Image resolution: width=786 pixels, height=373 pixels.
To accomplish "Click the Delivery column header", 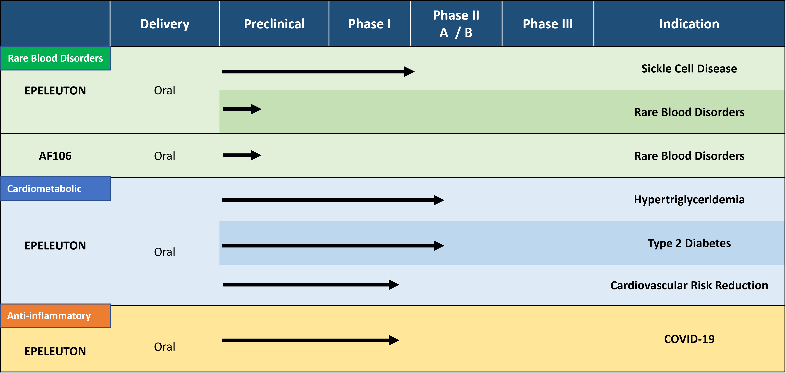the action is pos(165,24).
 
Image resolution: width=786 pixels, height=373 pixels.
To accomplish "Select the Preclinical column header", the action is pos(274,24).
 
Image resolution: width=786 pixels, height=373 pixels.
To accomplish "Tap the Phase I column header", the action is pos(369,24).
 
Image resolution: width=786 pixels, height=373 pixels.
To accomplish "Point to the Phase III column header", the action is pos(548,24).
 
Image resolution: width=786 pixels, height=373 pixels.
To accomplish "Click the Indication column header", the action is pos(689,24).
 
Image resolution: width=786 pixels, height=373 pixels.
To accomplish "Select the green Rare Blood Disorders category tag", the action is pos(55,58).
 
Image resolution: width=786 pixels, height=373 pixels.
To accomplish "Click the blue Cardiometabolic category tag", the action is pos(55,188).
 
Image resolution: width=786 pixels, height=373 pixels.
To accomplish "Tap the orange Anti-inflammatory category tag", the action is pos(55,316).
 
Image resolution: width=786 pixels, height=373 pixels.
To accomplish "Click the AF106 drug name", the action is pos(55,156).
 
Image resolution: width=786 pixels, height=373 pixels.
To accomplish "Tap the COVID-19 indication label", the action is pos(689,339).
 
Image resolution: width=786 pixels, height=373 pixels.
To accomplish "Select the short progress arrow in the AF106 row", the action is pos(242,155).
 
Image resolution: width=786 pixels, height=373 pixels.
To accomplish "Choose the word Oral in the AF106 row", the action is pos(165,156).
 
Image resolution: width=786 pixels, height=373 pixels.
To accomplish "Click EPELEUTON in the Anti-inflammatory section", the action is pos(55,351).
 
